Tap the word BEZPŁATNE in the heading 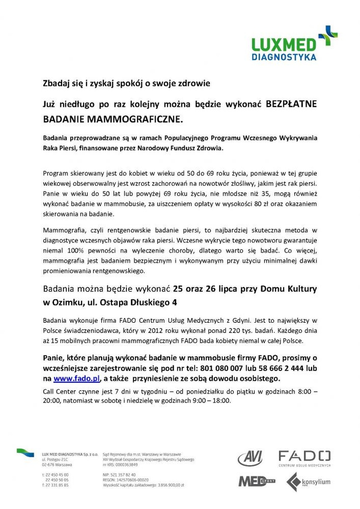291,104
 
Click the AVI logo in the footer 250,459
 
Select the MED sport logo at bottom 256,481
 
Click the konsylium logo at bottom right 309,482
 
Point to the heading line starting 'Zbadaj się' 127,83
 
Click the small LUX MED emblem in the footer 25,453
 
